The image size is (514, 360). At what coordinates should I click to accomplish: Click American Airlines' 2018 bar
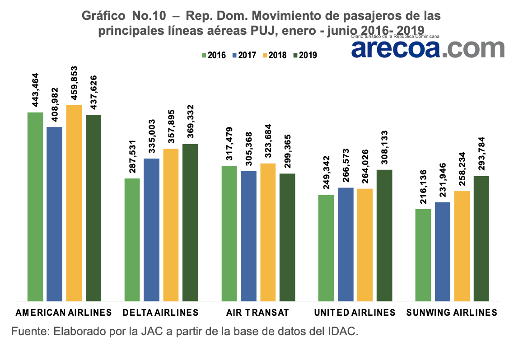pyautogui.click(x=74, y=203)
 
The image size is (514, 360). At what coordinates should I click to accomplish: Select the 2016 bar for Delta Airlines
pyautogui.click(x=132, y=239)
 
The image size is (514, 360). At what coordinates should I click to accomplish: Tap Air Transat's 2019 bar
pyautogui.click(x=287, y=237)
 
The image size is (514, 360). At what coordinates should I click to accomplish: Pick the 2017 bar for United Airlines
pyautogui.click(x=346, y=244)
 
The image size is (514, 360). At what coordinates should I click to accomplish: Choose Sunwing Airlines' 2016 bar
pyautogui.click(x=423, y=255)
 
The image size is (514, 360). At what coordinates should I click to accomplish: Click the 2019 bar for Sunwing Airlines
pyautogui.click(x=481, y=238)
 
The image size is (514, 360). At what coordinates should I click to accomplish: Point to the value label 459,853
pyautogui.click(x=74, y=84)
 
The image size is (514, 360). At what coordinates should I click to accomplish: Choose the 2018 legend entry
pyautogui.click(x=274, y=56)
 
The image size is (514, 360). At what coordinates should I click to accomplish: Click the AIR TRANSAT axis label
pyautogui.click(x=258, y=313)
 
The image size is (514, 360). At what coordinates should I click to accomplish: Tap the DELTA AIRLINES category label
pyautogui.click(x=160, y=313)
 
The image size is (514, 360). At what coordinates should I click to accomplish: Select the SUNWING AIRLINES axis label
pyautogui.click(x=452, y=313)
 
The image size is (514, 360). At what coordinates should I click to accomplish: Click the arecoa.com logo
pyautogui.click(x=427, y=48)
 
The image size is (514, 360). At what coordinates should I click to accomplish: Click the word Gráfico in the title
pyautogui.click(x=103, y=16)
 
